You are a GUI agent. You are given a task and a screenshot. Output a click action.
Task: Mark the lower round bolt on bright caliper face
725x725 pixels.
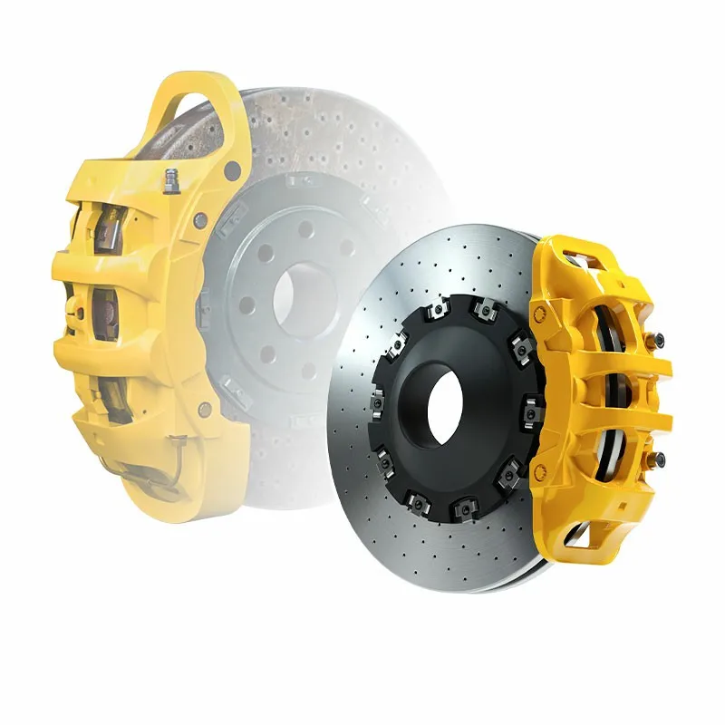(x=541, y=469)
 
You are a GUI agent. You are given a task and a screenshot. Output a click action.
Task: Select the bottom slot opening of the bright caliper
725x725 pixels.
(x=580, y=538)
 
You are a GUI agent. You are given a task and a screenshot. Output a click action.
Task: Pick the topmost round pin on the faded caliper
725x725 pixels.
(x=233, y=169)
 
